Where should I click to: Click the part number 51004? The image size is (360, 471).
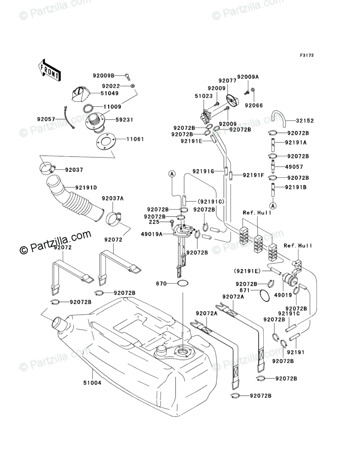tap(92, 383)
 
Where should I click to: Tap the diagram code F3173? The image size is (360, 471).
tap(306, 55)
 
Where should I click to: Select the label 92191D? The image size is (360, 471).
tap(86, 188)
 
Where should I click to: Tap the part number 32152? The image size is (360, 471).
tap(305, 121)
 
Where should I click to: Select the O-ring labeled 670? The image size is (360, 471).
tap(183, 283)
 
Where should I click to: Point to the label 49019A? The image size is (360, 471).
tap(152, 234)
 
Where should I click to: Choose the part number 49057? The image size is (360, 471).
tap(294, 167)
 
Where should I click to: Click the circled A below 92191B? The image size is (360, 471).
tap(273, 206)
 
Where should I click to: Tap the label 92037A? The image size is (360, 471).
tap(113, 198)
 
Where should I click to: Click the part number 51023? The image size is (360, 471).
tap(203, 96)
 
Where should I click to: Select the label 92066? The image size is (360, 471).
tap(254, 105)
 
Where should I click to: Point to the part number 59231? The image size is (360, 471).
tap(124, 120)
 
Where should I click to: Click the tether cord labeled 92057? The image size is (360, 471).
tap(68, 118)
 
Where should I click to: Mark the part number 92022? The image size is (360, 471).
tap(111, 86)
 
